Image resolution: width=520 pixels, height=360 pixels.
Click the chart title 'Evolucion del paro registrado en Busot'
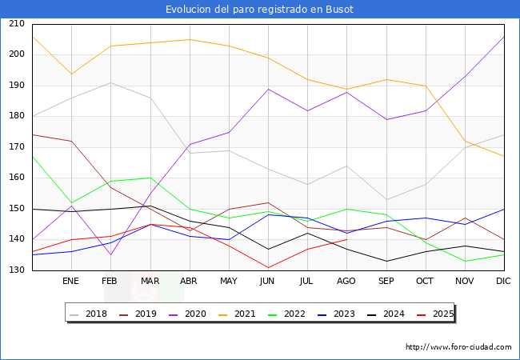tap(259, 10)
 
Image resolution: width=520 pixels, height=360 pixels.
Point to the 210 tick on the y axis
tap(16, 24)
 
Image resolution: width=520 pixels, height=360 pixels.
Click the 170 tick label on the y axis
tap(16, 147)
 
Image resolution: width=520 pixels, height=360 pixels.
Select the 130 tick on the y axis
tap(16, 270)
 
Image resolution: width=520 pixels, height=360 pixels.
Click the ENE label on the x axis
tap(70, 282)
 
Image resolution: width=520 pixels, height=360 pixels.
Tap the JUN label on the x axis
tap(267, 282)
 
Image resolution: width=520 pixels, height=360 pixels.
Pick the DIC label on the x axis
tap(503, 282)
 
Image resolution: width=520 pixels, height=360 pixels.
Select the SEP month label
tap(386, 282)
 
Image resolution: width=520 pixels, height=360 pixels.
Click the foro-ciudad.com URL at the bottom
tap(458, 347)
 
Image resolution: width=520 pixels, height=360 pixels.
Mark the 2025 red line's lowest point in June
tap(268, 267)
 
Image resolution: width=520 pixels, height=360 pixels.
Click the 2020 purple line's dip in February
tap(110, 254)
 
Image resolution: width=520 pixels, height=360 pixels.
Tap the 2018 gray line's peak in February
tap(110, 82)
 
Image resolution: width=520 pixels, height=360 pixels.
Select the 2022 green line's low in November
tap(465, 261)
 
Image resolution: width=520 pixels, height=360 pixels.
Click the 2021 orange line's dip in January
tap(71, 74)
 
